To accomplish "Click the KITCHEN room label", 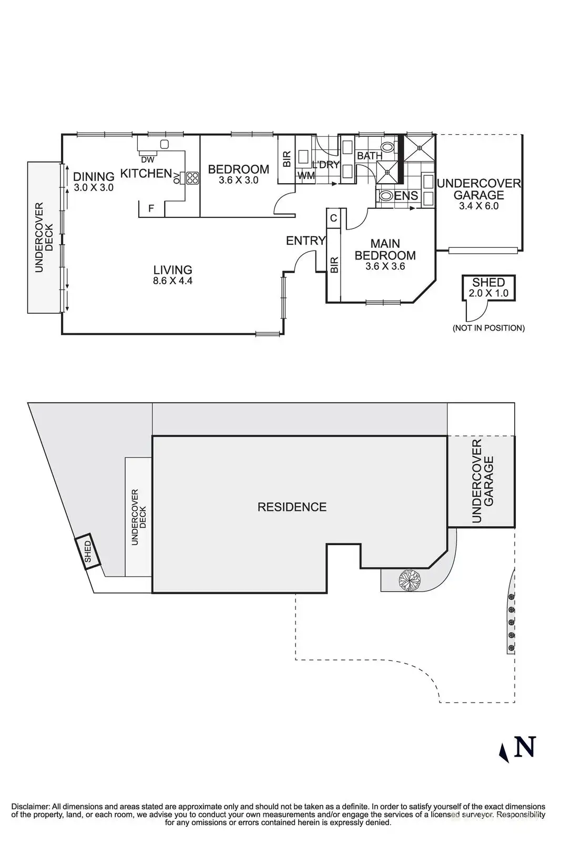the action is [x=146, y=173].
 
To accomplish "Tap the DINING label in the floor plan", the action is [x=94, y=177].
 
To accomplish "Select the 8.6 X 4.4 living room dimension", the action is [x=172, y=281].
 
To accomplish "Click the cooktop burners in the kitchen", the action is [x=192, y=178].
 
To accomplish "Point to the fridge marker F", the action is [x=151, y=209].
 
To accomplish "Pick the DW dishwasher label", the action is [x=148, y=159].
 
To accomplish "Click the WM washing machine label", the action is [x=306, y=176].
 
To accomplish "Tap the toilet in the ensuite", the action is [x=386, y=196].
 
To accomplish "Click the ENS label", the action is [x=406, y=196].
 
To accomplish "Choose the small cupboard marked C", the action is [x=333, y=217].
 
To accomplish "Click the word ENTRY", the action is [x=305, y=241].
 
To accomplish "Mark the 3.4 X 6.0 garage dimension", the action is [x=478, y=206].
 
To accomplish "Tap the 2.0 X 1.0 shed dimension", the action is [x=488, y=293].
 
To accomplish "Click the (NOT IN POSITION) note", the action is [x=488, y=328].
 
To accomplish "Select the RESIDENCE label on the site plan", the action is [x=292, y=507].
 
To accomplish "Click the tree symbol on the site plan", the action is [x=410, y=580].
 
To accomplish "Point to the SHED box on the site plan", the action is [x=87, y=552].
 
